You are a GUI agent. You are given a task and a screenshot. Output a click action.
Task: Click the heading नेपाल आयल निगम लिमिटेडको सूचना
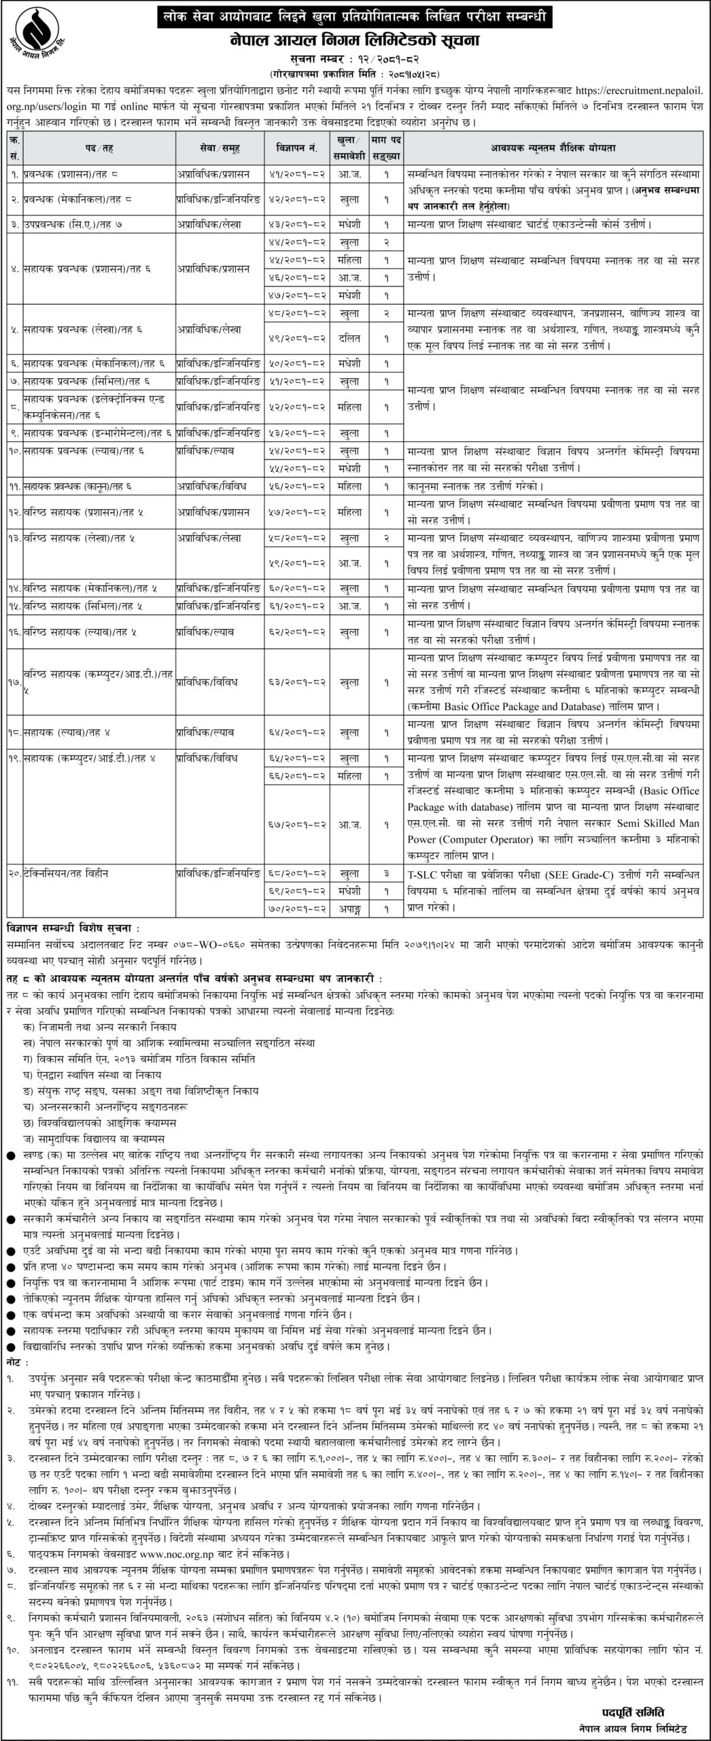coord(355,41)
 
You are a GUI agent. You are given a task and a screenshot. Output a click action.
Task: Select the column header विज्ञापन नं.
coord(297,147)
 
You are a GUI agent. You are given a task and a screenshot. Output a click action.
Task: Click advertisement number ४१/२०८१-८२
coord(297,174)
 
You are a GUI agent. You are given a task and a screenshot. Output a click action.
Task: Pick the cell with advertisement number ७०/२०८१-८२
coord(297,908)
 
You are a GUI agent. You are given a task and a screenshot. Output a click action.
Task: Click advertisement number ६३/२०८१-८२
coord(297,681)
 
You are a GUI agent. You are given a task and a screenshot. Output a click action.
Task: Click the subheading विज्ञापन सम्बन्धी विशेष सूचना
coord(73,928)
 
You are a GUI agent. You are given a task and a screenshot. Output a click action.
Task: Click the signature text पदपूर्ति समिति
coord(633,1706)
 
